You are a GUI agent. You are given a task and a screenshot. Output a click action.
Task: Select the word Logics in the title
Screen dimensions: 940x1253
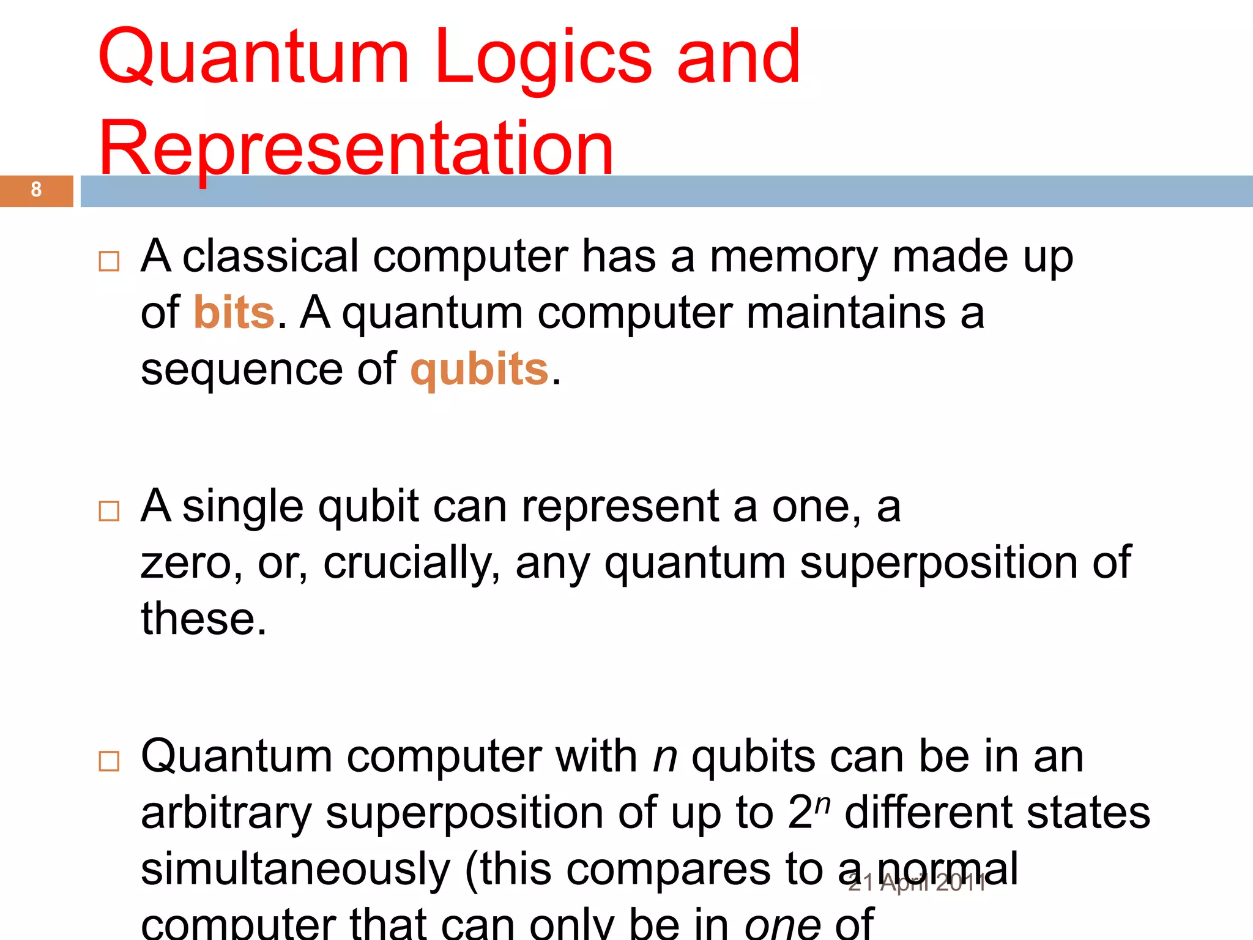pos(543,59)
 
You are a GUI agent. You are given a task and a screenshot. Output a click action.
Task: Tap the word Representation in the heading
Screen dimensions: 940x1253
pos(356,149)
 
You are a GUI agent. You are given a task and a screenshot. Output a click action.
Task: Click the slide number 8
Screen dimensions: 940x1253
pos(36,190)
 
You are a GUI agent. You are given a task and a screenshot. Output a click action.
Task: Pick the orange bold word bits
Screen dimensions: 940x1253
pos(234,312)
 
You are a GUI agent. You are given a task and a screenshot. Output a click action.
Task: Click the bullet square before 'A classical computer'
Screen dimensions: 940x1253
pos(109,261)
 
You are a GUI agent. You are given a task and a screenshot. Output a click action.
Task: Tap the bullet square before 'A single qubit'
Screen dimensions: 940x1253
pos(109,511)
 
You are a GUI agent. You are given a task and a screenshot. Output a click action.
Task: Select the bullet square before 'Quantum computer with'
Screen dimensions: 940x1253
pos(109,761)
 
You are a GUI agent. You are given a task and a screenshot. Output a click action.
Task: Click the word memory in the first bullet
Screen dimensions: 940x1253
pos(794,257)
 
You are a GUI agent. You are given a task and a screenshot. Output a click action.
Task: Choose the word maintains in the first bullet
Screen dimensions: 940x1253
pos(846,312)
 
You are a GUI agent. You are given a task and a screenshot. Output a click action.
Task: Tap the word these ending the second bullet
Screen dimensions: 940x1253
pos(204,619)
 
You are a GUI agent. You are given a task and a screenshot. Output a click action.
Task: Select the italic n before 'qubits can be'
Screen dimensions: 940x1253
pos(665,757)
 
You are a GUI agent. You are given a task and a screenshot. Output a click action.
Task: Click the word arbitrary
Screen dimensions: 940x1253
pos(226,813)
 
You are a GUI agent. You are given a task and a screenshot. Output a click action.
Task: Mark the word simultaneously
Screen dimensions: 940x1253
pos(296,870)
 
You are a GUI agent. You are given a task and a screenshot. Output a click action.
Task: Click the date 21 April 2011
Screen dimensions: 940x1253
pos(917,883)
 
